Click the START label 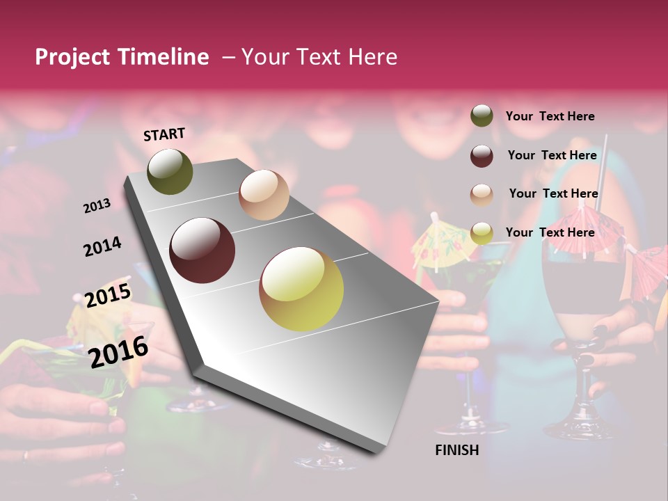tap(164, 134)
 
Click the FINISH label tap(457, 450)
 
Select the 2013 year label tap(97, 206)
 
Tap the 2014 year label tap(102, 246)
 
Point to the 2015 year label tap(108, 296)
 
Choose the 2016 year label tap(118, 351)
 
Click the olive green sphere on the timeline tap(170, 172)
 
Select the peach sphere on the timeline tap(264, 195)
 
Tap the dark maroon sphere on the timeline tap(202, 250)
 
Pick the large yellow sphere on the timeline tap(301, 289)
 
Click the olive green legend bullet tap(482, 116)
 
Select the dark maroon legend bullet tap(482, 155)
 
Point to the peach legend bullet tap(482, 194)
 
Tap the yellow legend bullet tap(482, 233)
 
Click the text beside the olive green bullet tap(550, 116)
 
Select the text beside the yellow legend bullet tap(550, 232)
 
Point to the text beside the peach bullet tap(553, 193)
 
